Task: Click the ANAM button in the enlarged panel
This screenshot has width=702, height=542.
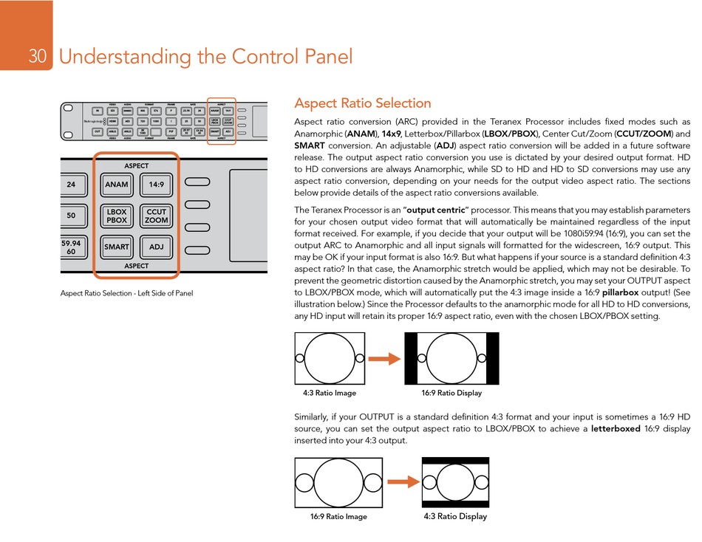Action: pyautogui.click(x=117, y=185)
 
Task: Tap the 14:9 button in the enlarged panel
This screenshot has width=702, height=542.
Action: pyautogui.click(x=156, y=185)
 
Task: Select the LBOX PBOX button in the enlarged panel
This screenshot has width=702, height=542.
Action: pyautogui.click(x=117, y=216)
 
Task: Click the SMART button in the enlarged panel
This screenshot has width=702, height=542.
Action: pyautogui.click(x=117, y=247)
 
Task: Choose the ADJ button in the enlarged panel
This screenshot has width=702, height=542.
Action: pyautogui.click(x=156, y=247)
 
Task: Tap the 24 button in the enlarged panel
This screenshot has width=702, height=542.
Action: pyautogui.click(x=71, y=185)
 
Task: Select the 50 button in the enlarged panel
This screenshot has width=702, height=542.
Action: pyautogui.click(x=71, y=216)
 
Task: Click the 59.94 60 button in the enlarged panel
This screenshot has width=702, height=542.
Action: pyautogui.click(x=71, y=247)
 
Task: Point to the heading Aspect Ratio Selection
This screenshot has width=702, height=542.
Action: pyautogui.click(x=362, y=103)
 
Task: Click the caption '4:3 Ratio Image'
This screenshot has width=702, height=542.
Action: pyautogui.click(x=330, y=393)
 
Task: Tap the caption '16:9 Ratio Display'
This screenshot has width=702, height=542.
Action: pyautogui.click(x=451, y=393)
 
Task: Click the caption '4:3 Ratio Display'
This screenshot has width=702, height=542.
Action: pyautogui.click(x=455, y=516)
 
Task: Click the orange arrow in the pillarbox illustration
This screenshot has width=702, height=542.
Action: pyautogui.click(x=384, y=358)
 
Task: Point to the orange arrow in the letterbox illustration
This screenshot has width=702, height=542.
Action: pyautogui.click(x=403, y=482)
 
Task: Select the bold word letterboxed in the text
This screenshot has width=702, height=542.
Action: pyautogui.click(x=616, y=428)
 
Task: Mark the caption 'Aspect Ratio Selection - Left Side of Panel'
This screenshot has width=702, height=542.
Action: pyautogui.click(x=126, y=294)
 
